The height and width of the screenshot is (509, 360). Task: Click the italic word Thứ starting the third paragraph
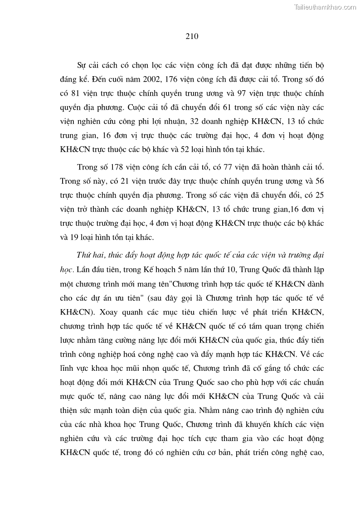click(x=84, y=255)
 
